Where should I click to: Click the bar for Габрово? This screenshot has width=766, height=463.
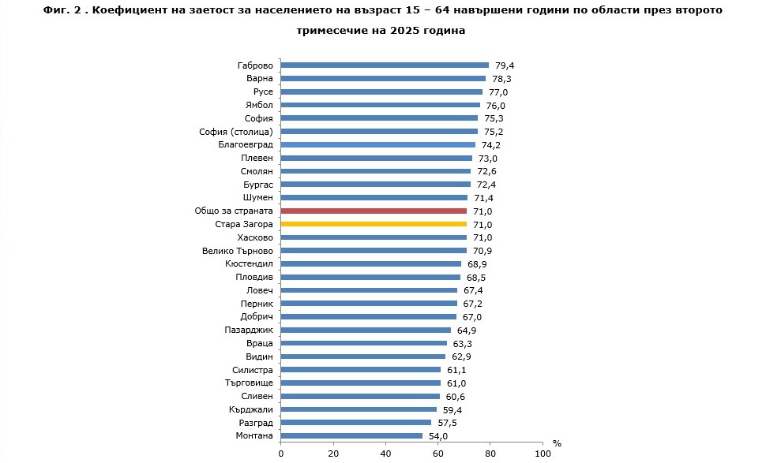[x=385, y=65]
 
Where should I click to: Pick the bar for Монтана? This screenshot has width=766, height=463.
[x=351, y=436]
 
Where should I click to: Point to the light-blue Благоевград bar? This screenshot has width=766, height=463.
[x=378, y=145]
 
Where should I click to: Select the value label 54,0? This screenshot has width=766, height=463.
[x=437, y=436]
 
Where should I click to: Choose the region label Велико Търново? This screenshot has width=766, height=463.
[x=238, y=251]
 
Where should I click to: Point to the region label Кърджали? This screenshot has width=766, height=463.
[x=252, y=409]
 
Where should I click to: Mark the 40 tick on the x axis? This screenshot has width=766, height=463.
[x=385, y=454]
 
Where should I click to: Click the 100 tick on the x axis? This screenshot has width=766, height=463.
[x=543, y=454]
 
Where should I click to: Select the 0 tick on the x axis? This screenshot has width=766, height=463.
[x=281, y=454]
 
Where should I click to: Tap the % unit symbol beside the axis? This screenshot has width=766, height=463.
[x=557, y=444]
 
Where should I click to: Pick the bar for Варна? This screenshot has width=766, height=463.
[x=383, y=79]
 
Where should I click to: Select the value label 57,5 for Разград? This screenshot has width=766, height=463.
[x=447, y=423]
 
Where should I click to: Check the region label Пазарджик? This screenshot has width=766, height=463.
[x=249, y=330]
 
